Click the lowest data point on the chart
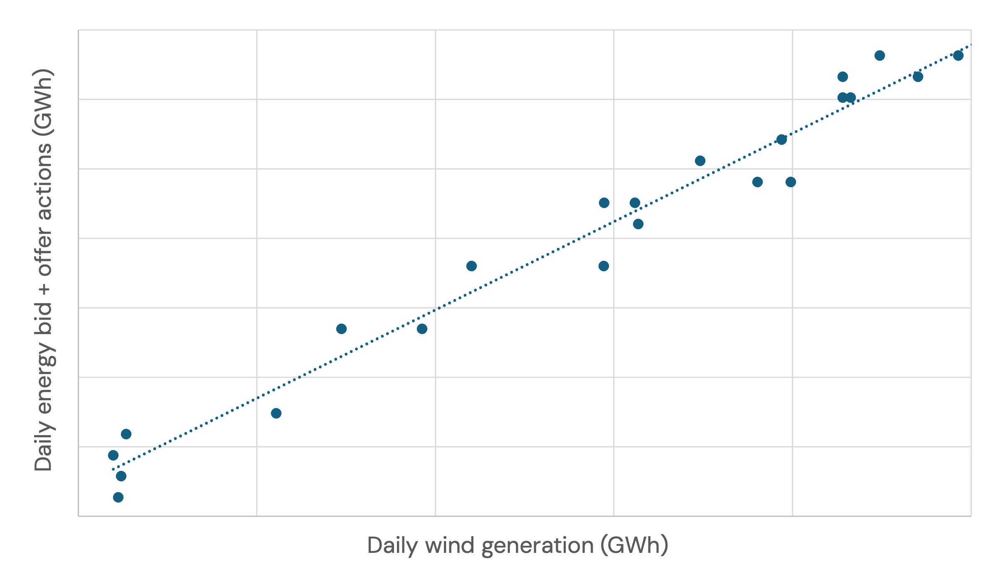coord(118,497)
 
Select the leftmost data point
coord(113,455)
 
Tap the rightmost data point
coord(958,55)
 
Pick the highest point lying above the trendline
coord(880,55)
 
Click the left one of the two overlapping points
coord(842,98)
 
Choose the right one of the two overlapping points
coord(851,98)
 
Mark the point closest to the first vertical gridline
coord(276,413)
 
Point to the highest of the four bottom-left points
coord(126,434)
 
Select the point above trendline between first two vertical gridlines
coord(341,329)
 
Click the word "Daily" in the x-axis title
coord(392,546)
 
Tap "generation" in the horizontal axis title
coord(537,546)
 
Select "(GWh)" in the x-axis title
coord(634,545)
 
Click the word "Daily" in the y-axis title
coord(44,451)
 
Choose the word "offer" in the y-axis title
coord(44,251)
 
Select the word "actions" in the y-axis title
coord(44,182)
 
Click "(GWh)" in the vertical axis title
coord(44,102)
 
